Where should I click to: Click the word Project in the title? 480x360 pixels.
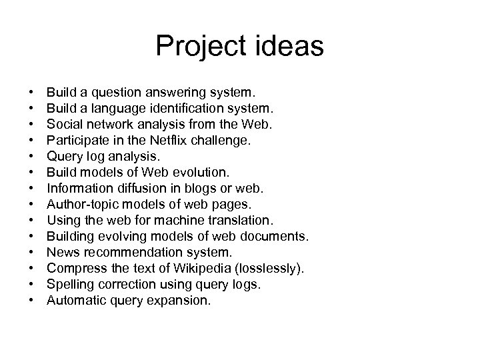point(197,47)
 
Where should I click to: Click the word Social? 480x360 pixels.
point(63,123)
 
